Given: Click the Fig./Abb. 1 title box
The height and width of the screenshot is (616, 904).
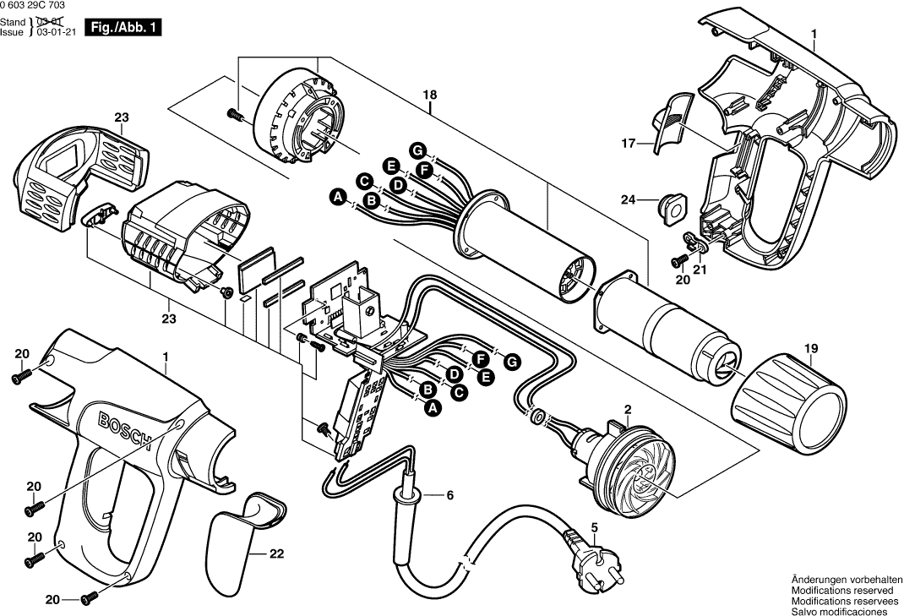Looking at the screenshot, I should pyautogui.click(x=123, y=27).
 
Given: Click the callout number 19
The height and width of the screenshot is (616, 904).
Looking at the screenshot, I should pyautogui.click(x=811, y=346).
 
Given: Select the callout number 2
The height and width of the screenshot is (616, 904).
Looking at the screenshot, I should pyautogui.click(x=628, y=409).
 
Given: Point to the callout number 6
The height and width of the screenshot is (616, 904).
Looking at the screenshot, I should pyautogui.click(x=449, y=495).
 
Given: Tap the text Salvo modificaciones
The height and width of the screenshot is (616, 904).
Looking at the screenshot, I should pyautogui.click(x=839, y=611).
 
